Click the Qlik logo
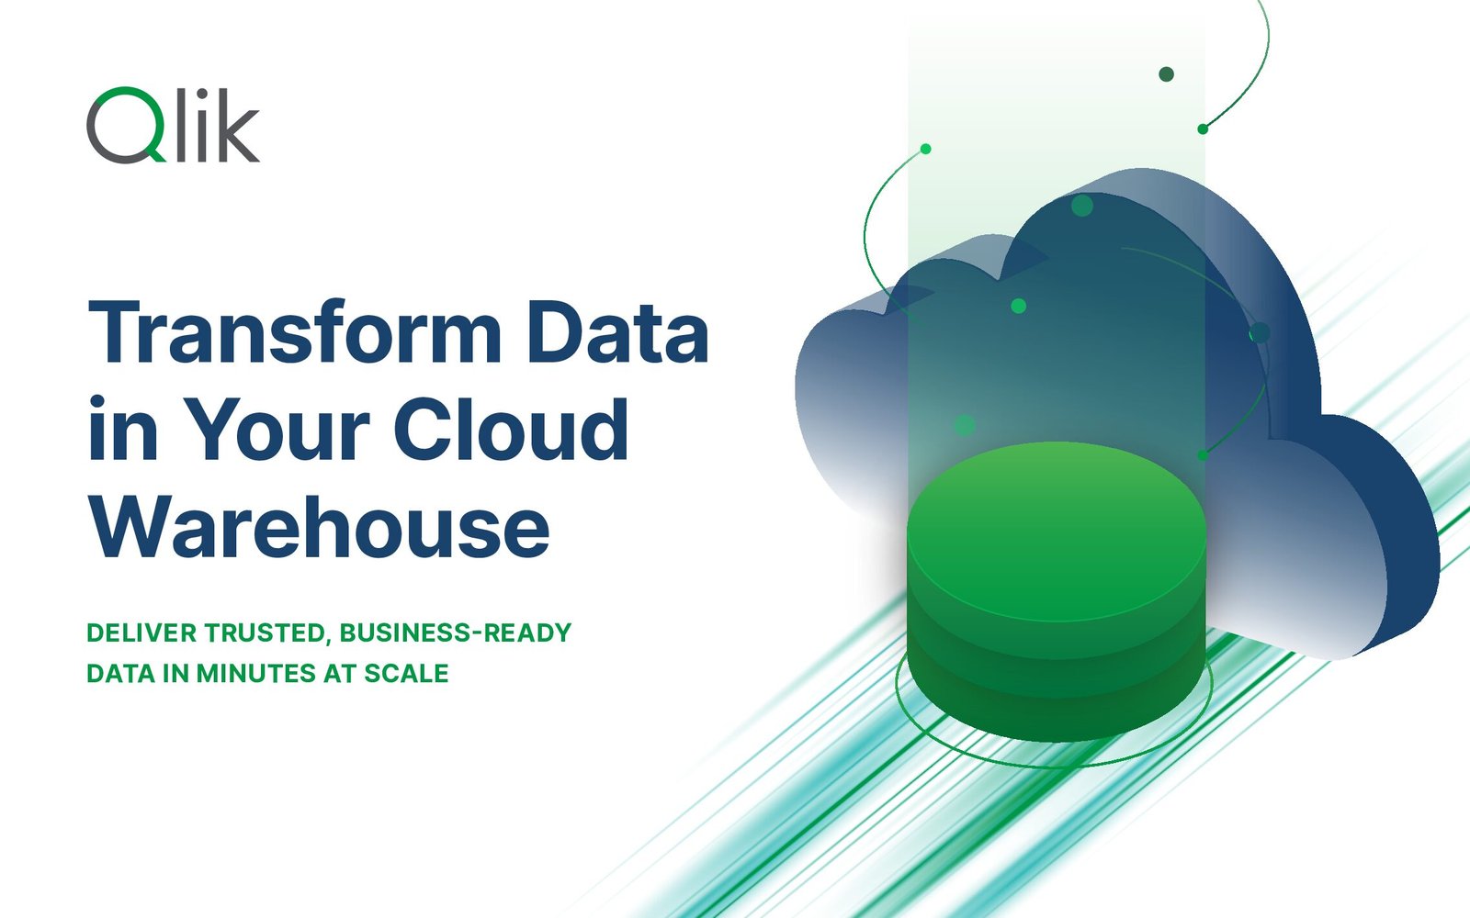point(174,125)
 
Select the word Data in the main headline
point(617,331)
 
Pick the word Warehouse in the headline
point(319,527)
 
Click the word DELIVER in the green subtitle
point(141,633)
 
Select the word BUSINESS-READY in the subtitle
point(456,633)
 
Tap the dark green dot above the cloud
point(1166,74)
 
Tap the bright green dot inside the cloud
point(1019,306)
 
